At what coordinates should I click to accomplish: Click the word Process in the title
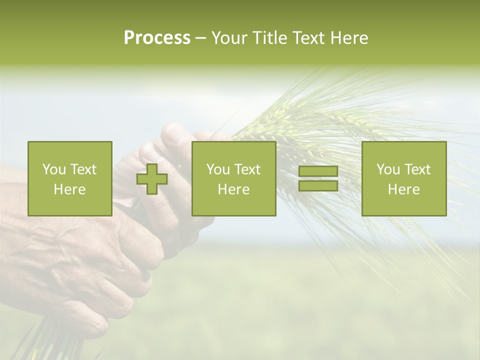click(157, 38)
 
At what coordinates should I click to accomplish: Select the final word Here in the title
click(350, 38)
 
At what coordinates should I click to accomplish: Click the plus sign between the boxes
click(152, 178)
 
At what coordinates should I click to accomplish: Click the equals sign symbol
click(318, 178)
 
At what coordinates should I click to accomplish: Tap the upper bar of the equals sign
click(318, 171)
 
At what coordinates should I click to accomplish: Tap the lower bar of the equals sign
click(318, 185)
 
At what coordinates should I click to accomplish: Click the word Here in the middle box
click(233, 189)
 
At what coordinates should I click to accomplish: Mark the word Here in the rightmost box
click(403, 189)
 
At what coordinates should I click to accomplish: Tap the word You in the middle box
click(217, 169)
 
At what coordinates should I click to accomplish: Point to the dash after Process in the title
click(201, 38)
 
